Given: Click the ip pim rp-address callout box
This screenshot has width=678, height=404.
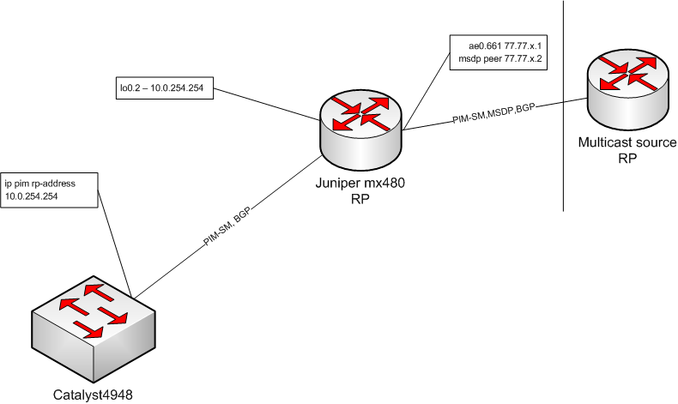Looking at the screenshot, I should click(x=51, y=190).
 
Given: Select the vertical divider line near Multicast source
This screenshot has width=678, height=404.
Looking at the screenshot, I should click(x=563, y=129).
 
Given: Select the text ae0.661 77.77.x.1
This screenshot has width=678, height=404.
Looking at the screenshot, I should click(x=496, y=45).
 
